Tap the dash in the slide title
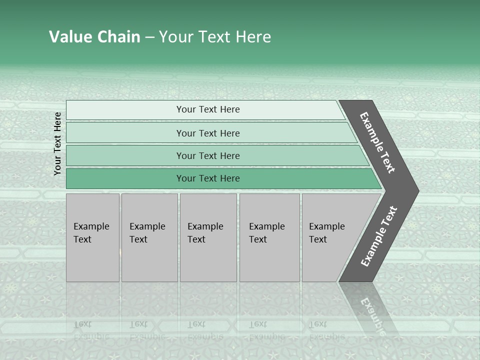(x=149, y=37)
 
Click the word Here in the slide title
(x=253, y=37)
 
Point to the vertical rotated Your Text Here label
(x=57, y=143)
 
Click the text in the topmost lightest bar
(x=208, y=109)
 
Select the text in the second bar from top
(x=208, y=133)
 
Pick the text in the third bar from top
(x=208, y=155)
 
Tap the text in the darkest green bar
(x=208, y=178)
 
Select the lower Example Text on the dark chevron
(x=379, y=236)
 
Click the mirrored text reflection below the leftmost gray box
(x=91, y=330)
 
